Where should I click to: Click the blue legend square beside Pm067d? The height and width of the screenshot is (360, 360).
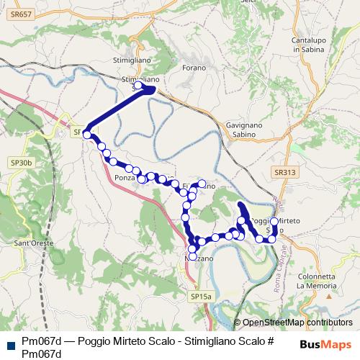coord(9,343)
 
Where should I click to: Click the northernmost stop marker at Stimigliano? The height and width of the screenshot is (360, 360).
coord(138,86)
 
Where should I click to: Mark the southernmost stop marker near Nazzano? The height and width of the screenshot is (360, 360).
coord(192,256)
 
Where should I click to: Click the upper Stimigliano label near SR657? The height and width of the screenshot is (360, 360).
coord(130,60)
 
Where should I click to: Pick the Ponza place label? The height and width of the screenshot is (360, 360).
coord(125,176)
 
